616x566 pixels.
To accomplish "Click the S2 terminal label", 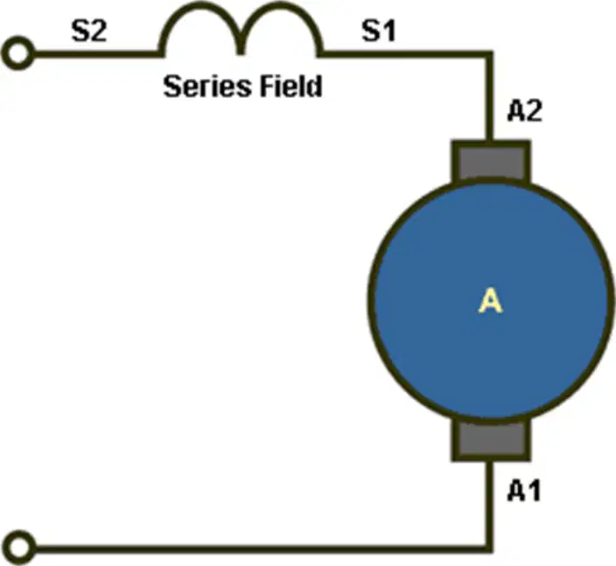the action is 88,31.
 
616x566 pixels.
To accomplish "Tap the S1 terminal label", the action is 378,31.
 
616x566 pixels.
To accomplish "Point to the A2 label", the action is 525,111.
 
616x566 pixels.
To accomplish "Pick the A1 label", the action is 524,491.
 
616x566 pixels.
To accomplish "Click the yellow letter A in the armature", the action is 490,300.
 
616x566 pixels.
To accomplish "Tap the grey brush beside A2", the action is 491,162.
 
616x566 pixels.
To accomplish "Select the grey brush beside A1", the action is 491,440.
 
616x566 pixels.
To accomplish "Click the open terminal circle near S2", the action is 17,53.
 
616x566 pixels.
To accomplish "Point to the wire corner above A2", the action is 489,54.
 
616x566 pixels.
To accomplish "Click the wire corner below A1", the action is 489,549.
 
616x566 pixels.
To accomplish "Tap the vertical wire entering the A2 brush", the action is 489,97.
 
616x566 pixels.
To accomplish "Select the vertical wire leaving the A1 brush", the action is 489,506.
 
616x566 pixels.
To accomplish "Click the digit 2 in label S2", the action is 98,31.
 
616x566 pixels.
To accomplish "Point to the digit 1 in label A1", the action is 534,491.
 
